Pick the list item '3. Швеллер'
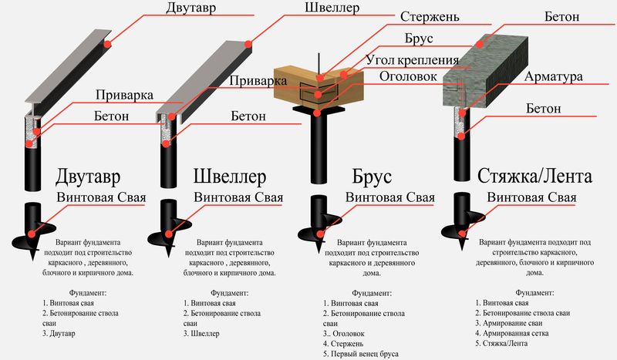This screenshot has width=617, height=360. click(x=201, y=335)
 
